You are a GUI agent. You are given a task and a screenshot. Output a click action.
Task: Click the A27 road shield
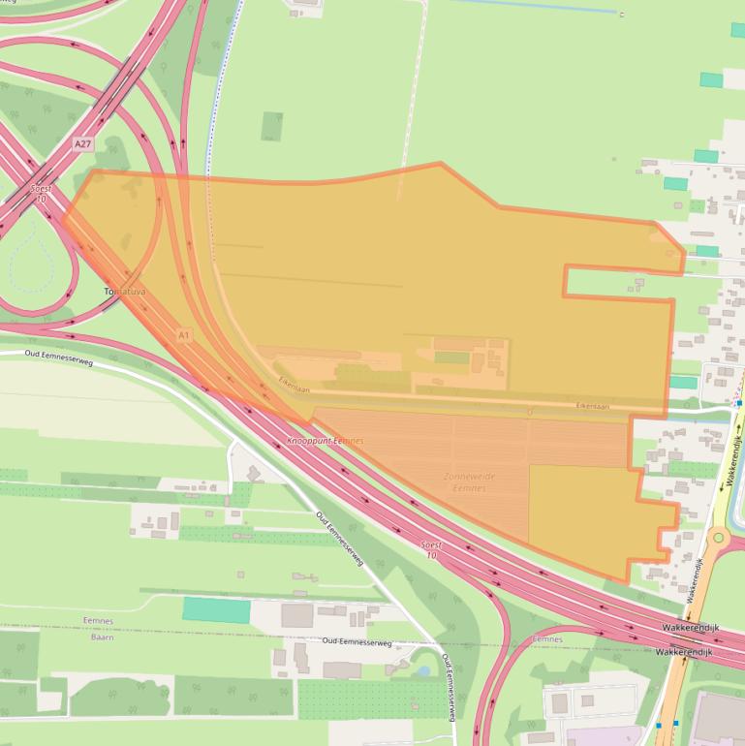pyautogui.click(x=82, y=143)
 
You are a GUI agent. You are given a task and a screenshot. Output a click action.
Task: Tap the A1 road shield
pyautogui.click(x=184, y=335)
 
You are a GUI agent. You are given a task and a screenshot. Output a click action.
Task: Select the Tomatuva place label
pyautogui.click(x=123, y=291)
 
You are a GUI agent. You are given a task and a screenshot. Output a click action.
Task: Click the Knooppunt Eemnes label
pyautogui.click(x=326, y=442)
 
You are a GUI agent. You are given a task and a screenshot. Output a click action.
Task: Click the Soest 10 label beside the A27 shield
pyautogui.click(x=41, y=194)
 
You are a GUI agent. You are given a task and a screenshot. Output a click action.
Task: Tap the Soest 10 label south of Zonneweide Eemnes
pyautogui.click(x=431, y=550)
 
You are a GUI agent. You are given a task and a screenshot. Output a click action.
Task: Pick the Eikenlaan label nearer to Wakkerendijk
pyautogui.click(x=593, y=406)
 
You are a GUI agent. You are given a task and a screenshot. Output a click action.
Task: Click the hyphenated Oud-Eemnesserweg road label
pyautogui.click(x=357, y=642)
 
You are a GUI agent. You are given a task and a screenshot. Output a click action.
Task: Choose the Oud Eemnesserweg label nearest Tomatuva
pyautogui.click(x=59, y=357)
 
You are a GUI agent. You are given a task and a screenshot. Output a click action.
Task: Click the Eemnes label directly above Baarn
pyautogui.click(x=98, y=621)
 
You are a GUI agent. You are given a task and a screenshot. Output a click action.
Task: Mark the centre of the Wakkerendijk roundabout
pyautogui.click(x=718, y=537)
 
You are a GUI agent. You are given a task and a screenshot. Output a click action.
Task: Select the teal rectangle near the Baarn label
pyautogui.click(x=216, y=610)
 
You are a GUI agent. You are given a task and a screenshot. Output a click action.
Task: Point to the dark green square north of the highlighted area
pyautogui.click(x=272, y=126)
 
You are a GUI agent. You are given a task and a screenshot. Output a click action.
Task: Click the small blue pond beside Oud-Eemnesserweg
pyautogui.click(x=422, y=670)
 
